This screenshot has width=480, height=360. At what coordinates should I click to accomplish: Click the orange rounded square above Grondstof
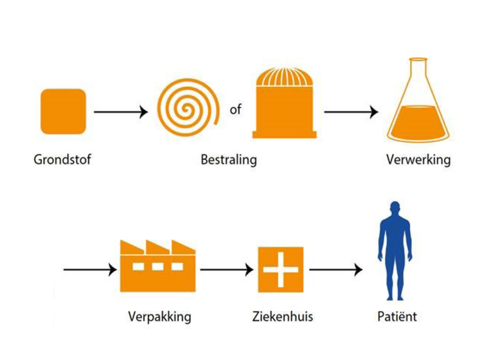click(x=63, y=112)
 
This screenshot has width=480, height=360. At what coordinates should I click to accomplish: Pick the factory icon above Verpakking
click(x=157, y=267)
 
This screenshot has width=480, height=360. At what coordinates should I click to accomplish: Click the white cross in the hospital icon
click(x=280, y=270)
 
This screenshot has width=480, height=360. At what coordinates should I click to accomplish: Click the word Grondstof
click(x=62, y=159)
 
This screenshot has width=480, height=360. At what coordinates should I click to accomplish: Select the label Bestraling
click(x=229, y=159)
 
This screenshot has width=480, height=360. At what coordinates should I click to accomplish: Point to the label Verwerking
click(x=418, y=159)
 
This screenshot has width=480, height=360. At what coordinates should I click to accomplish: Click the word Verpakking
click(x=159, y=316)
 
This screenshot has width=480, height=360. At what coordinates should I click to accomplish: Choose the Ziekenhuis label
click(x=282, y=316)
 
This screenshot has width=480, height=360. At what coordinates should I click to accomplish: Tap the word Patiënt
click(x=397, y=316)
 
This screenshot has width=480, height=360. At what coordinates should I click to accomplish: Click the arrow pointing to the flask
click(x=351, y=112)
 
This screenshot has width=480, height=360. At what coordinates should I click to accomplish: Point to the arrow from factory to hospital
click(x=227, y=270)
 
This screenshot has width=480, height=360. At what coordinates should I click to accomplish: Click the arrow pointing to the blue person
click(x=336, y=270)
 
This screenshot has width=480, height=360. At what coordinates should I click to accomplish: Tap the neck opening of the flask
click(x=418, y=60)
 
